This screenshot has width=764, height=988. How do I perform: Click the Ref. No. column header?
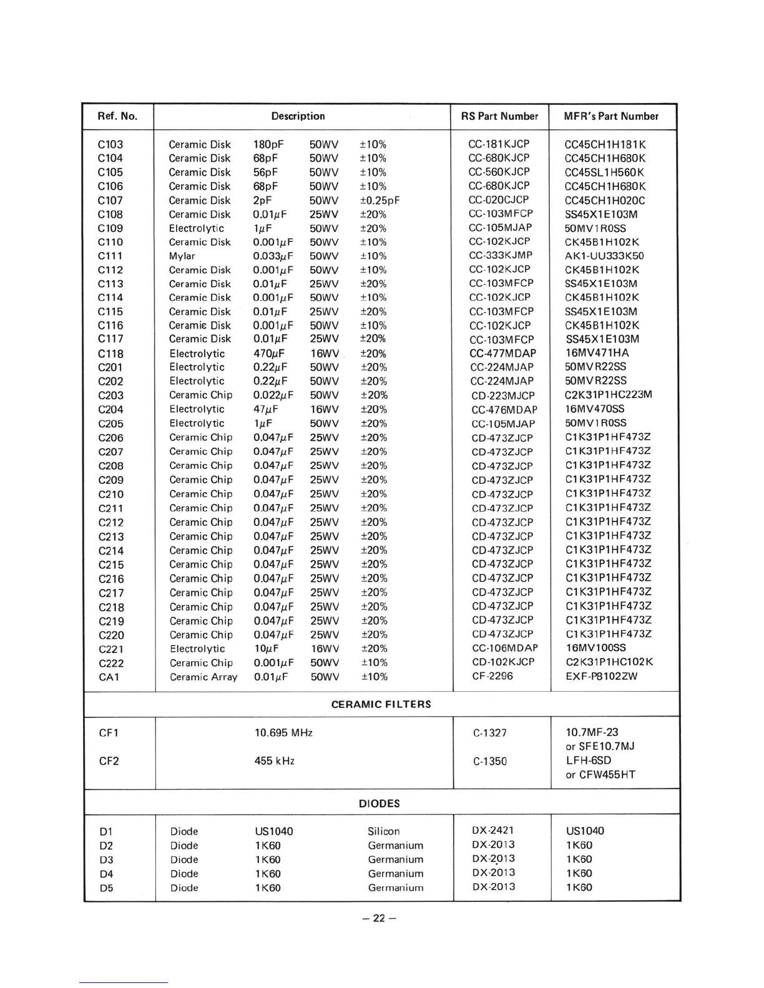(x=117, y=116)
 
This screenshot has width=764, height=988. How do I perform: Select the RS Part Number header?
(x=499, y=116)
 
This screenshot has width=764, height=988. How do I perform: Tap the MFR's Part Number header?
(x=611, y=116)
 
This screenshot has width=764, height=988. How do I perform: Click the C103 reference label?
(x=110, y=145)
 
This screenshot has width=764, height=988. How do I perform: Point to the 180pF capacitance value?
(x=268, y=145)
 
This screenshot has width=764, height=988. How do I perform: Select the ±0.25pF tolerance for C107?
(x=380, y=200)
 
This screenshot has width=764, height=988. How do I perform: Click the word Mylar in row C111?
(x=182, y=256)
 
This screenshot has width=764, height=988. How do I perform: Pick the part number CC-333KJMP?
(x=501, y=256)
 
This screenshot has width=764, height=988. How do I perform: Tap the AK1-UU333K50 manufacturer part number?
(x=604, y=256)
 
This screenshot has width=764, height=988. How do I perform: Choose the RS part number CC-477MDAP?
(x=502, y=353)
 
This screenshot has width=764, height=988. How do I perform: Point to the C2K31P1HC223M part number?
(x=609, y=394)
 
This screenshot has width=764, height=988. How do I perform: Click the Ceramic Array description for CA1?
(x=203, y=677)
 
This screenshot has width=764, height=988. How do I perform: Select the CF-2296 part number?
(x=492, y=676)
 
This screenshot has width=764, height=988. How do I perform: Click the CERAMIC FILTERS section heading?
(x=381, y=704)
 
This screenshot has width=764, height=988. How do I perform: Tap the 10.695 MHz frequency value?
(x=283, y=732)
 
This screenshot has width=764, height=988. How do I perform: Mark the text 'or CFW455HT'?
(x=600, y=775)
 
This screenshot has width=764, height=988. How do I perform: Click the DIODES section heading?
(x=380, y=803)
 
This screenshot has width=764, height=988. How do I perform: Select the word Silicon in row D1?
(x=384, y=831)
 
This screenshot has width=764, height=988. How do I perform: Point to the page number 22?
(x=380, y=918)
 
